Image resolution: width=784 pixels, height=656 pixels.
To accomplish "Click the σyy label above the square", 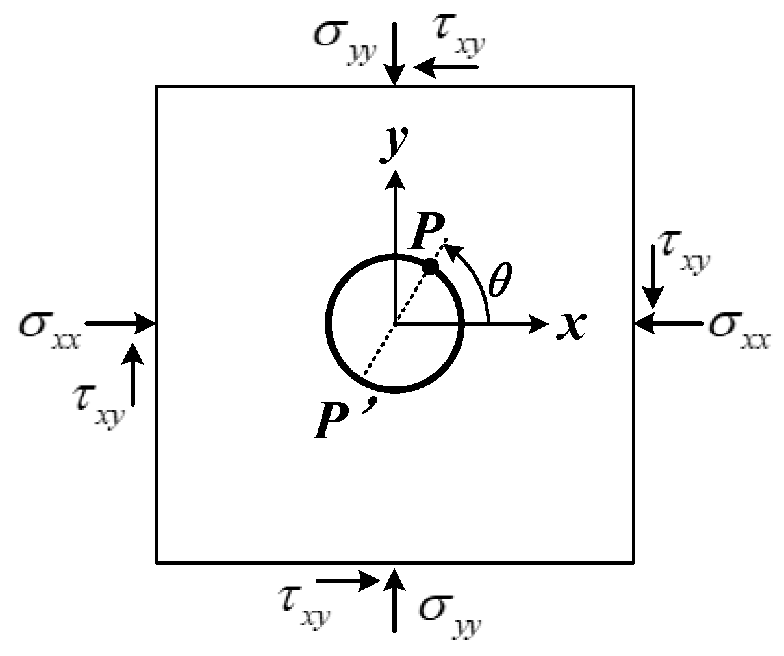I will point(342,40).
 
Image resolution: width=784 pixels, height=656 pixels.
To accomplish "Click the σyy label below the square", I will point(448,611).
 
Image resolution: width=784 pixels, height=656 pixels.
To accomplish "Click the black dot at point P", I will point(430,266).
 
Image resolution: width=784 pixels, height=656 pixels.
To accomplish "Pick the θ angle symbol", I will point(499,284).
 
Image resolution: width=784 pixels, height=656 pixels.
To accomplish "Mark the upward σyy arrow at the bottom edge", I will point(394,598).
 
